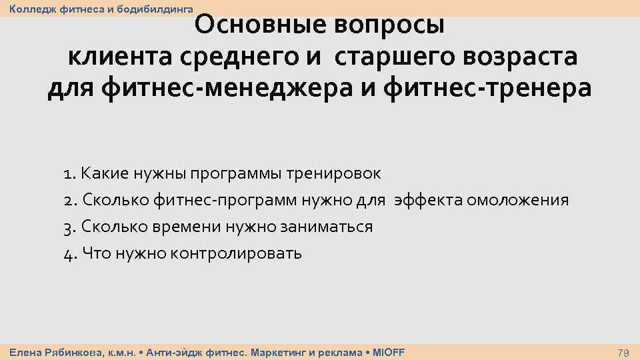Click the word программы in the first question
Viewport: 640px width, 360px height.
click(235, 174)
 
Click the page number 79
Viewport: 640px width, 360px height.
click(624, 352)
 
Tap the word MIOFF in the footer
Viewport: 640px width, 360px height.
click(388, 352)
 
